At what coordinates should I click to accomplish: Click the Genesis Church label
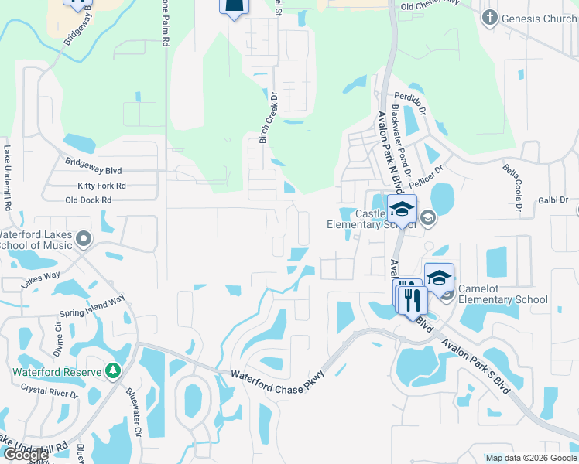[x=539, y=19]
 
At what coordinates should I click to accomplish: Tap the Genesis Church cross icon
[x=489, y=19]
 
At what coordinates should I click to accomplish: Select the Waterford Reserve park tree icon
[x=114, y=371]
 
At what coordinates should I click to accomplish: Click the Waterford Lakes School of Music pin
[x=84, y=239]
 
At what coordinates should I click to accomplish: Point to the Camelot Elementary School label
[x=502, y=295]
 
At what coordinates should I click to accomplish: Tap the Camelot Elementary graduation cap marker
[x=439, y=278]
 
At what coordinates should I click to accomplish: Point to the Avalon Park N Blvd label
[x=388, y=146]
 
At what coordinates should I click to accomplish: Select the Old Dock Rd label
[x=88, y=200]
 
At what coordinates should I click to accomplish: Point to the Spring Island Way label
[x=92, y=308]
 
